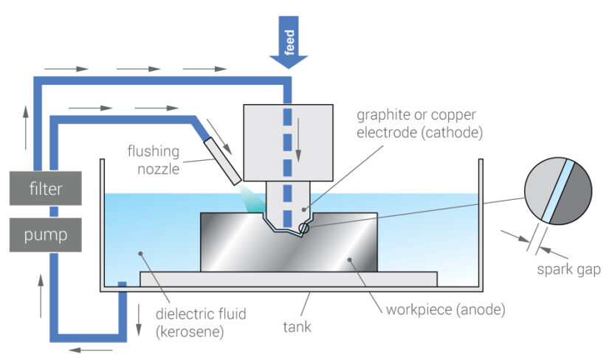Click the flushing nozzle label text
pos(154,158)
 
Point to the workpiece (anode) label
pos(445,308)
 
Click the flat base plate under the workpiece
pos(288,279)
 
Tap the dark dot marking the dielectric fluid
pos(140,253)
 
